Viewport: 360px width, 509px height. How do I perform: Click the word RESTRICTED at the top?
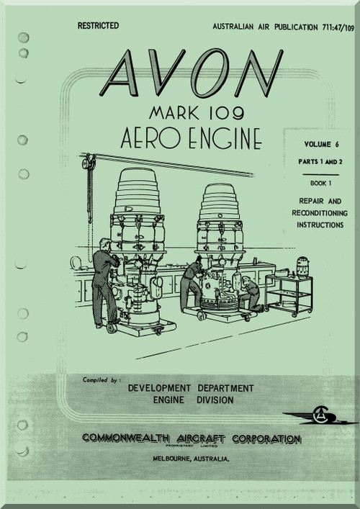pyautogui.click(x=98, y=26)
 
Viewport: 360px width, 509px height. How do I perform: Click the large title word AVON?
pyautogui.click(x=192, y=73)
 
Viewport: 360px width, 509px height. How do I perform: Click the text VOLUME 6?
pyautogui.click(x=321, y=145)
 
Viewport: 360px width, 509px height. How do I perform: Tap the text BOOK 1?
pyautogui.click(x=320, y=184)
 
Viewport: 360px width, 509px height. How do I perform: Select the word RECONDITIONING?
pyautogui.click(x=320, y=213)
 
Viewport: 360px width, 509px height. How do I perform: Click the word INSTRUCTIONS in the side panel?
pyautogui.click(x=320, y=225)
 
